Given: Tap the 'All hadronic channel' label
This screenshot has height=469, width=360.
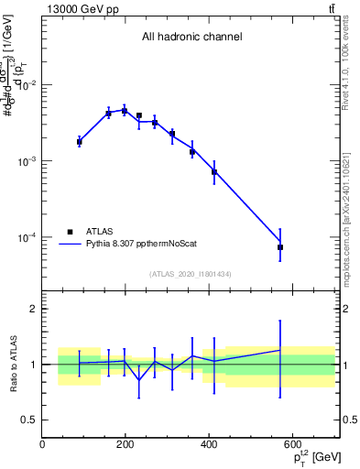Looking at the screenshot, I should (191, 38).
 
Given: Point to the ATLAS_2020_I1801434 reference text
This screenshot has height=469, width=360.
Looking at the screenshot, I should (191, 274).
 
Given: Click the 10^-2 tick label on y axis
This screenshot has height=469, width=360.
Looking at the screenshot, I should (26, 85).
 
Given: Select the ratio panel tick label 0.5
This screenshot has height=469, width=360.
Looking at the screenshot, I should (30, 420).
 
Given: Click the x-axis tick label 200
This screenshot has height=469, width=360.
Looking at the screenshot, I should (125, 445).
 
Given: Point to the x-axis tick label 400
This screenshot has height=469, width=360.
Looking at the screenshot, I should (209, 445).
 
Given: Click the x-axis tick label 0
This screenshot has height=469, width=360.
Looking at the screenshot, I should (42, 445).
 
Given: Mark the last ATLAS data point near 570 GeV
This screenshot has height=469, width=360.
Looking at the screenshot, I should (280, 247).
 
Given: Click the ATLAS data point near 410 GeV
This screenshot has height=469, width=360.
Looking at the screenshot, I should (214, 171).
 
